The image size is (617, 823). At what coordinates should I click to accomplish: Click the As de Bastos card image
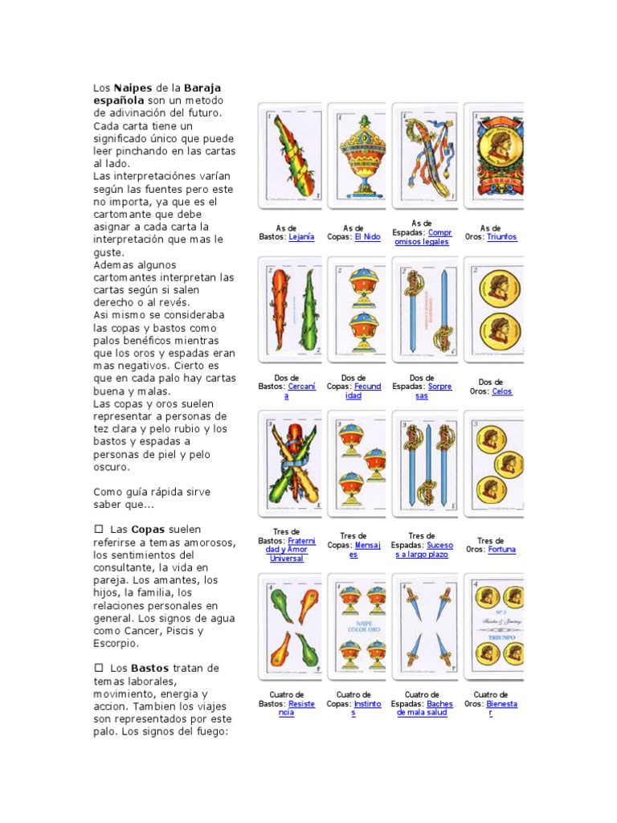[288, 155]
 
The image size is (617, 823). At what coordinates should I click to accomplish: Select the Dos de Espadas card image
[425, 309]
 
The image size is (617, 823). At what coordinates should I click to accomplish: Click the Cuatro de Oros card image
[494, 625]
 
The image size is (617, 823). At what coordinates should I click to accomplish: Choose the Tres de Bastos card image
[288, 464]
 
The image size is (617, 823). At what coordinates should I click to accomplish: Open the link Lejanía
[301, 237]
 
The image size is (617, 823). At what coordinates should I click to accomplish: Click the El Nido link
[367, 237]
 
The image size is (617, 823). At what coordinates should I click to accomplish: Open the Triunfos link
[501, 237]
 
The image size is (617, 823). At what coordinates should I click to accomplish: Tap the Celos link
[501, 391]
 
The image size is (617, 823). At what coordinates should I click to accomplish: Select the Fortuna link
[501, 550]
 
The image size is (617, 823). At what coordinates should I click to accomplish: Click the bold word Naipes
[132, 87]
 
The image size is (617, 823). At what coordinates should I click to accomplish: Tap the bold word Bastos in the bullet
[150, 668]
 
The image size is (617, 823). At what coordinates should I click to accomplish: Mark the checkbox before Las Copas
[99, 530]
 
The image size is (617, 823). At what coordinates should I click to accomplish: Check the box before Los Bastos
[99, 668]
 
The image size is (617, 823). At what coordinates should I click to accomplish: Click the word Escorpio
[116, 644]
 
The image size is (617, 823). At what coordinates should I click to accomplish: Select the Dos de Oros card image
[494, 309]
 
